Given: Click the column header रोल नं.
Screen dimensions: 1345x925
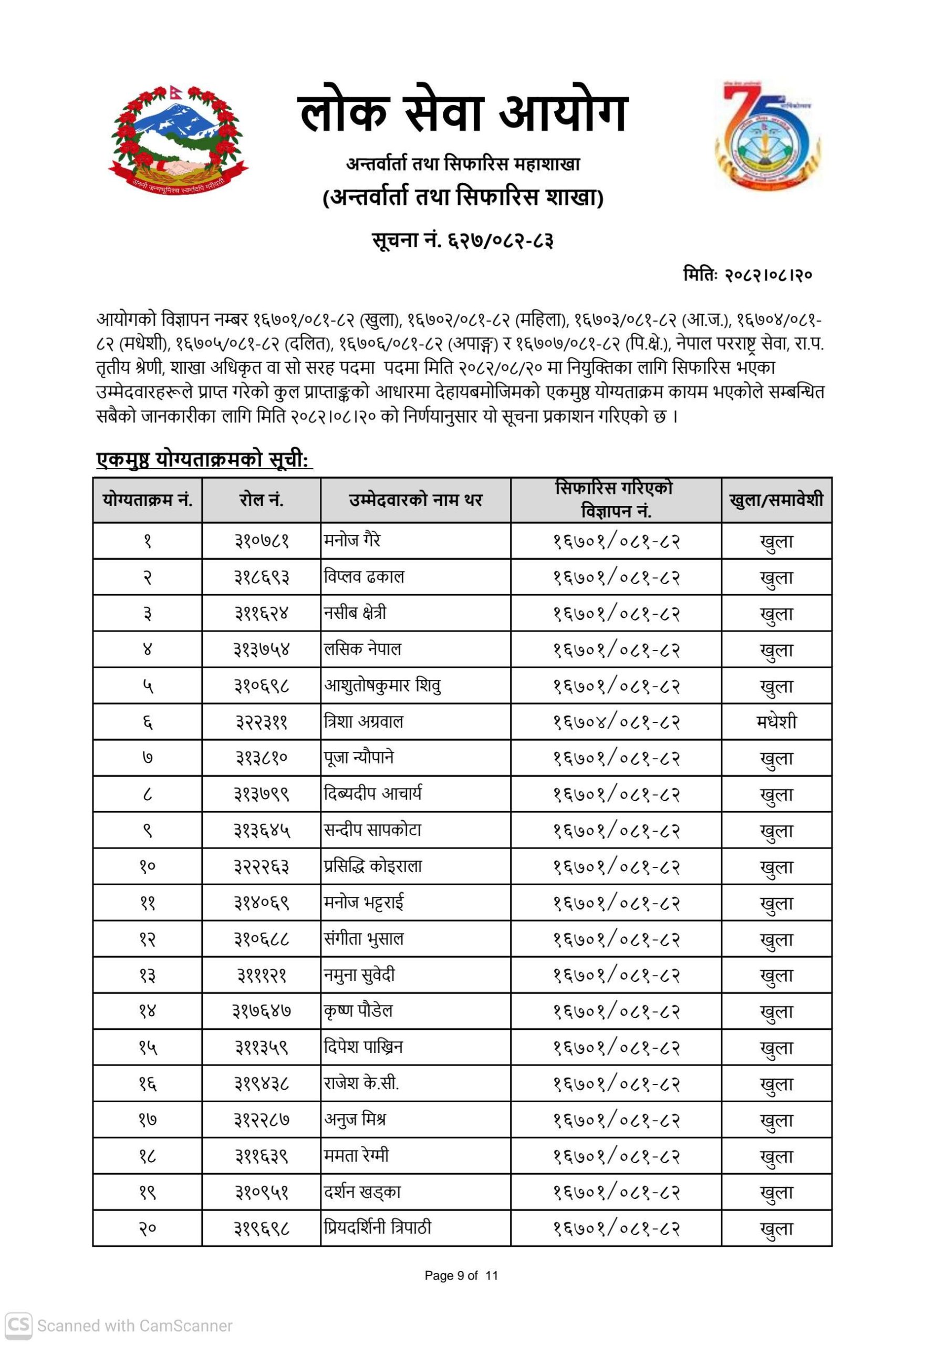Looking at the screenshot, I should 262,500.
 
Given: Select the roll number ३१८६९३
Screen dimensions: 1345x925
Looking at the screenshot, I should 262,577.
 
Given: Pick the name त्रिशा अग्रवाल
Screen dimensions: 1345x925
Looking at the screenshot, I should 363,722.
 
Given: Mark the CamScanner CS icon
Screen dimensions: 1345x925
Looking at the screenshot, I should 18,1325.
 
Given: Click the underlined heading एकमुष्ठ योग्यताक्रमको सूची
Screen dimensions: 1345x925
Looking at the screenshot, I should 204,460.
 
